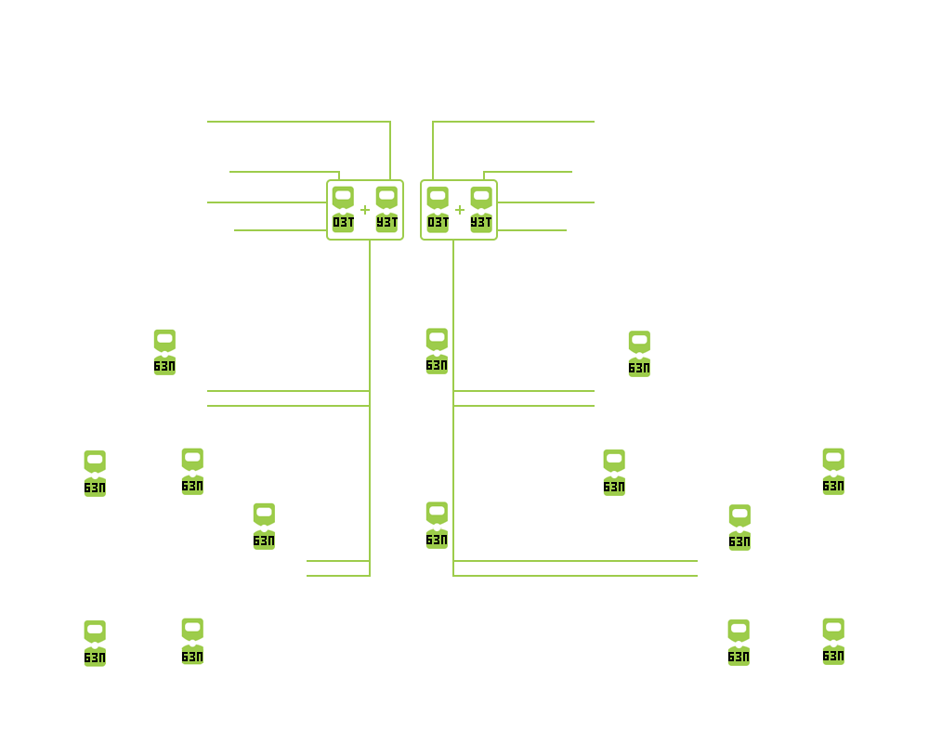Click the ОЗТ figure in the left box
[x=343, y=210]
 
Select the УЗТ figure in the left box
[x=386, y=210]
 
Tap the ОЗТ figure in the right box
[x=438, y=210]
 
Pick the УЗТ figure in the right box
[x=481, y=210]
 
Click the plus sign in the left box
[x=365, y=210]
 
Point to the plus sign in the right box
[x=460, y=210]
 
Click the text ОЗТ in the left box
[x=343, y=223]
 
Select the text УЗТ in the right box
[x=481, y=223]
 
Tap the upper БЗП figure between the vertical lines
[x=437, y=351]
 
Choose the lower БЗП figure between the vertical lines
[x=437, y=526]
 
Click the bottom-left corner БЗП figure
[x=95, y=644]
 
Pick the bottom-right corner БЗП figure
[x=833, y=642]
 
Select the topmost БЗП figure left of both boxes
[x=164, y=353]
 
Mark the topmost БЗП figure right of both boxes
[x=639, y=354]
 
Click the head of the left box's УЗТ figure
[x=386, y=197]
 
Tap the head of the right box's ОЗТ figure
[x=438, y=197]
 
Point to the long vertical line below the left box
[x=370, y=408]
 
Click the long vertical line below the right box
[x=453, y=408]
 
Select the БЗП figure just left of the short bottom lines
[x=264, y=527]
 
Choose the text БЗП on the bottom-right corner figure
[x=833, y=656]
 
